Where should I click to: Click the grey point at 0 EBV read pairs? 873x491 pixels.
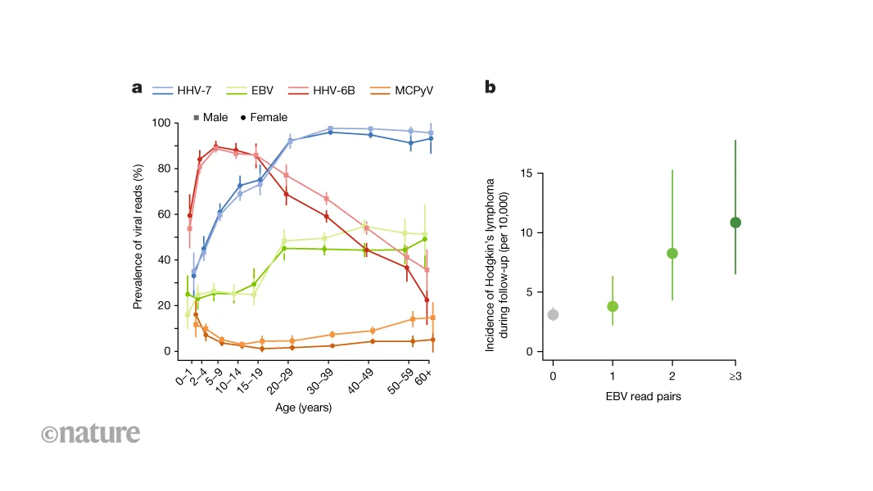[x=553, y=314]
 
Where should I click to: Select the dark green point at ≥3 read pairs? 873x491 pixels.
[x=735, y=223]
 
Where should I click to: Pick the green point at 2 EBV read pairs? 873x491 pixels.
[x=672, y=254]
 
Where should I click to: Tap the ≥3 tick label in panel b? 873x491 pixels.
[x=735, y=376]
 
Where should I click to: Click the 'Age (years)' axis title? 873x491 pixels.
[x=303, y=407]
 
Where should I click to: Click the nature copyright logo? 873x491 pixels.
[x=90, y=433]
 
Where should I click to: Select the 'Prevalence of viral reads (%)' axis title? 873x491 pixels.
[x=139, y=236]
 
